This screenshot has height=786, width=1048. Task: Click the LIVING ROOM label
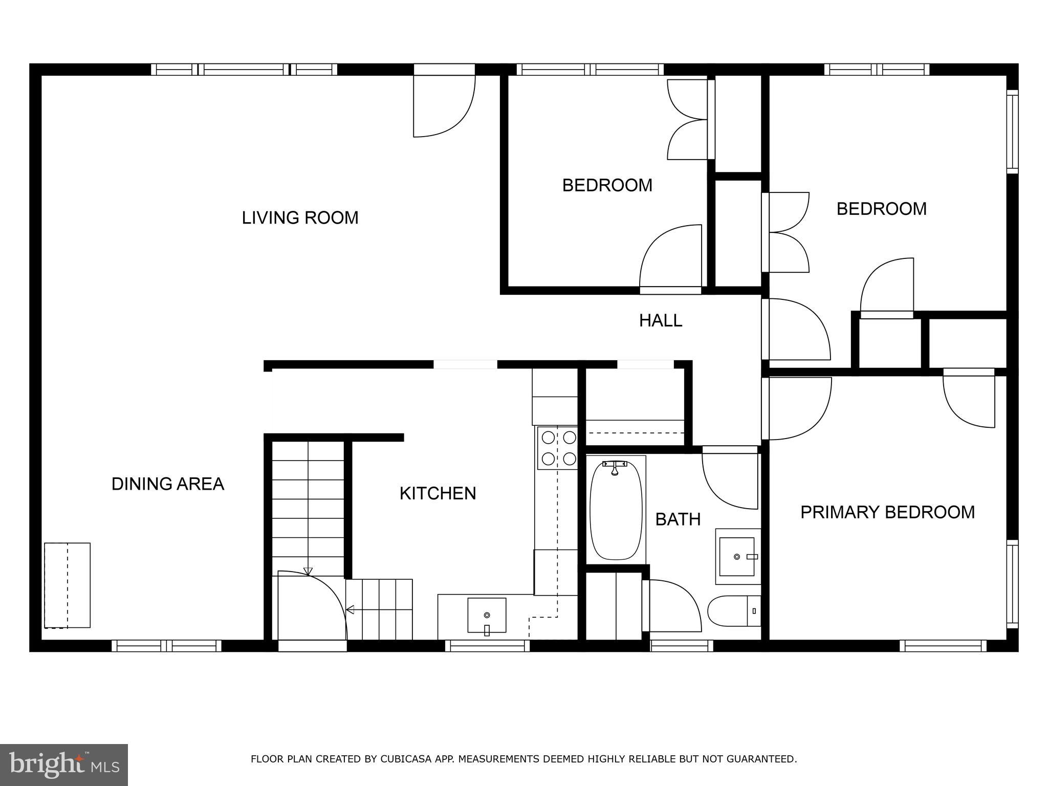(300, 217)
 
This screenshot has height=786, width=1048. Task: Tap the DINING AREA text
(168, 484)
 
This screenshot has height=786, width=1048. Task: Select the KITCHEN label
(438, 493)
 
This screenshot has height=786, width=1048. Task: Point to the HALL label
(660, 320)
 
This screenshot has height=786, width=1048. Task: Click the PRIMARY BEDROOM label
(887, 512)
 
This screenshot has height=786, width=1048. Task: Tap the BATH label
(678, 519)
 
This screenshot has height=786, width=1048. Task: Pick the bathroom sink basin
(737, 557)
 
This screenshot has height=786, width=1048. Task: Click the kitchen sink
(487, 615)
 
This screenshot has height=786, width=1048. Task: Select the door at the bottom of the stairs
(312, 606)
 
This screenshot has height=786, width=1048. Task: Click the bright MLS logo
(64, 765)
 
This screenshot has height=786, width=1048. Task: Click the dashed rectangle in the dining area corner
(68, 585)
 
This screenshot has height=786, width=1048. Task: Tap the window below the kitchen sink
(487, 646)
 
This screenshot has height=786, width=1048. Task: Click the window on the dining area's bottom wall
(166, 646)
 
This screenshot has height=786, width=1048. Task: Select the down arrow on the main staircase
(308, 571)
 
